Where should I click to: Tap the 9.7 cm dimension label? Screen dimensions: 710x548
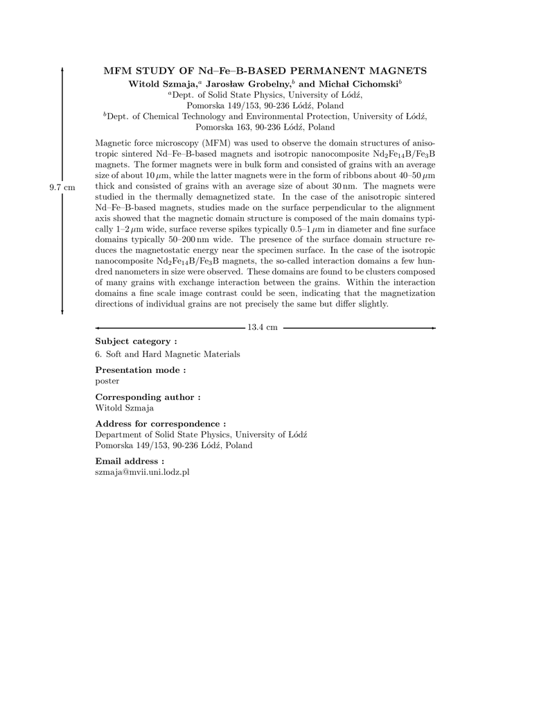click(x=62, y=187)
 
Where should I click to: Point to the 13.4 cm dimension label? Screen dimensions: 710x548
click(x=263, y=327)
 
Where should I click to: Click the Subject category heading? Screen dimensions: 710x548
click(x=136, y=341)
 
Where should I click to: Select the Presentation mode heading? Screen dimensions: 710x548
click(x=140, y=370)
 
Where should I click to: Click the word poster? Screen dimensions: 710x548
click(x=107, y=381)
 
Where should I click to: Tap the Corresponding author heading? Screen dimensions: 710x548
click(x=148, y=397)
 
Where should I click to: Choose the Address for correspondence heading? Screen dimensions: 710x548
click(x=161, y=423)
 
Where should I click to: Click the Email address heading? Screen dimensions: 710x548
click(x=130, y=460)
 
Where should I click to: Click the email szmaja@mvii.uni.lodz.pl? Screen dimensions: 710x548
click(x=142, y=471)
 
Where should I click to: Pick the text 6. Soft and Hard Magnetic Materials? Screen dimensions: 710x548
click(x=168, y=354)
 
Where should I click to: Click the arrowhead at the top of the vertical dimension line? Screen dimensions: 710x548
click(x=62, y=70)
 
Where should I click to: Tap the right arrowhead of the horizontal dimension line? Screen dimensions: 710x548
click(x=433, y=327)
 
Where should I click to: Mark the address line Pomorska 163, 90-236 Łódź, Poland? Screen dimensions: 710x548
click(x=265, y=128)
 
